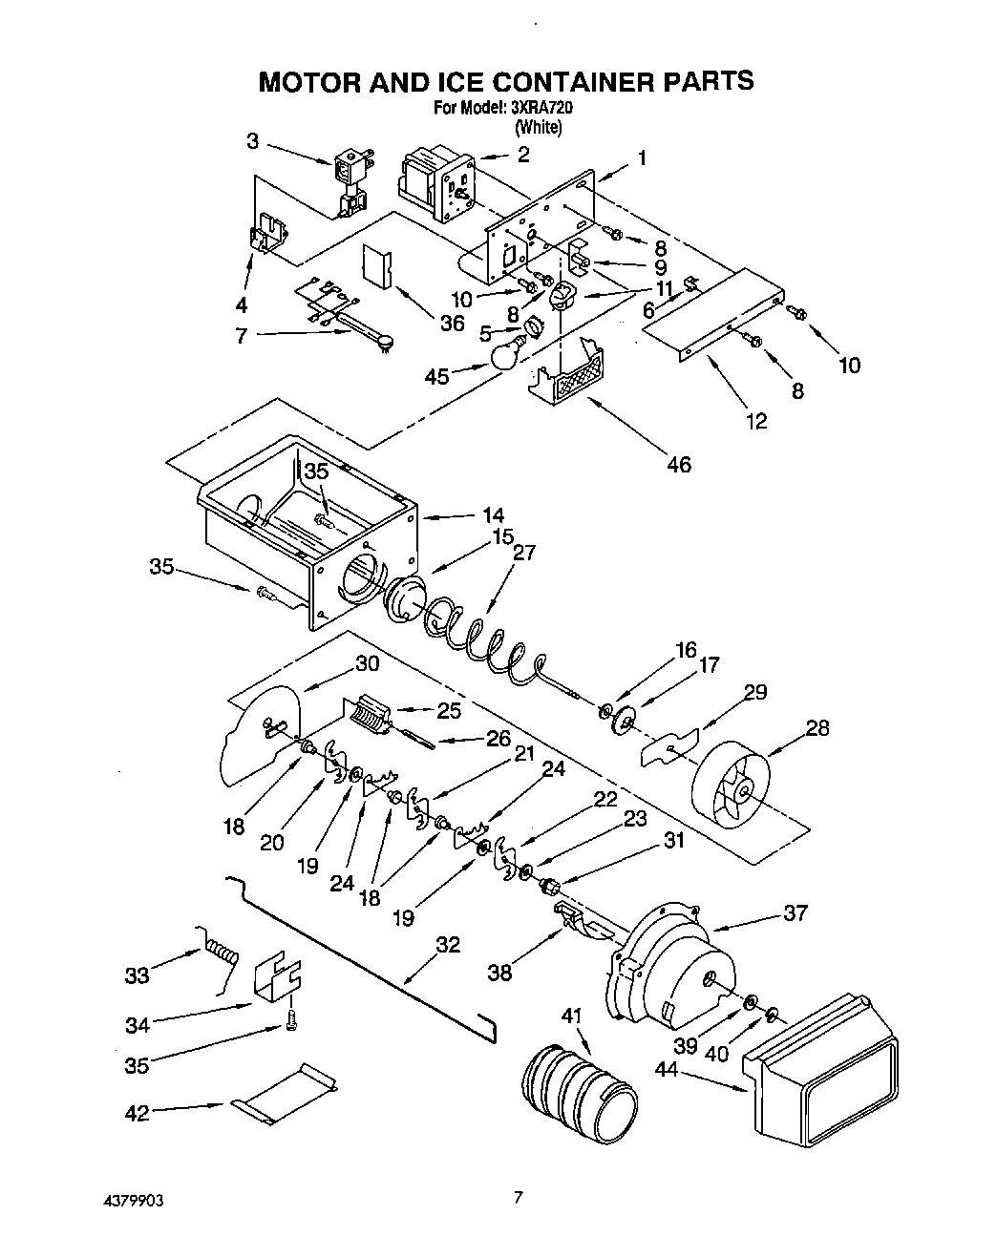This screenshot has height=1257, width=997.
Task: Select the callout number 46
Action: (679, 465)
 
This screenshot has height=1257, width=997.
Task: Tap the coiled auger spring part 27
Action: (477, 639)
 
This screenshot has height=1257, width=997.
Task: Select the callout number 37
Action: (795, 913)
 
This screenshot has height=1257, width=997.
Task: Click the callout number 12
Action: (756, 421)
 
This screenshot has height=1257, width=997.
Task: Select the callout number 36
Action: (453, 324)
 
